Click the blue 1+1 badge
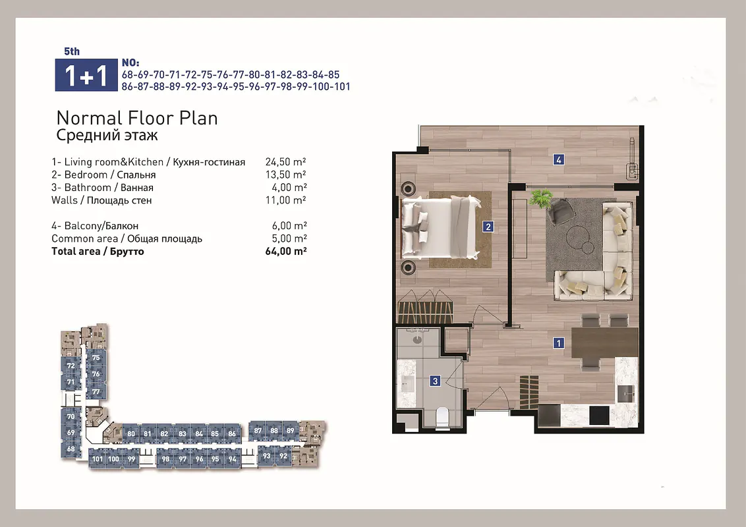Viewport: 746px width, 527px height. (86, 74)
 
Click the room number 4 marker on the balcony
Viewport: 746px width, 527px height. (559, 159)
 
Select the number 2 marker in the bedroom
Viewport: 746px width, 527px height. (488, 227)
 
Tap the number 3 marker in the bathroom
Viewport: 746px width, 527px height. (435, 381)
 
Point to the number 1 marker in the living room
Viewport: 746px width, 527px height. (559, 343)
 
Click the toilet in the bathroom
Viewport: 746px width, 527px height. (442, 416)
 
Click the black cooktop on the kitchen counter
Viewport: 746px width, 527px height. (599, 416)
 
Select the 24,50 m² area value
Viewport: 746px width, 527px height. (285, 161)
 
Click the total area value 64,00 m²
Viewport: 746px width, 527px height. (285, 251)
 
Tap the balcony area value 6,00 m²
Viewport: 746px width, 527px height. (289, 225)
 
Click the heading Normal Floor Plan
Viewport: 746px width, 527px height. (137, 118)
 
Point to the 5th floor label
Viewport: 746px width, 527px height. (72, 51)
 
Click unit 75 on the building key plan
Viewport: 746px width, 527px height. (96, 358)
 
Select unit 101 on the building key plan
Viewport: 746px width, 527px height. (97, 459)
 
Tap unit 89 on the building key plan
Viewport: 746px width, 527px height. (290, 430)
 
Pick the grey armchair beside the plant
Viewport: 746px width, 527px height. (560, 211)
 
